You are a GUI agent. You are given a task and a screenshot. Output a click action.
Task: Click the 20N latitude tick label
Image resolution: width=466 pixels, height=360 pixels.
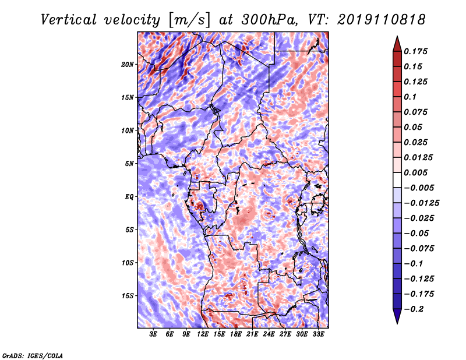point(128,65)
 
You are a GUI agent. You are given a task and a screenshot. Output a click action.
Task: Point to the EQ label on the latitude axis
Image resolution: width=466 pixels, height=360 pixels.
point(129,197)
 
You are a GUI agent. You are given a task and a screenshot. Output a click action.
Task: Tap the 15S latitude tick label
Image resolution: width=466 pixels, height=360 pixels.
point(128,296)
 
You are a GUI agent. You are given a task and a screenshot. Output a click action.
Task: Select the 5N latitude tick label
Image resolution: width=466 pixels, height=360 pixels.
point(129,164)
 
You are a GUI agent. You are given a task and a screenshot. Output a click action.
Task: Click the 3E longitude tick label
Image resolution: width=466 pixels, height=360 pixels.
point(153,334)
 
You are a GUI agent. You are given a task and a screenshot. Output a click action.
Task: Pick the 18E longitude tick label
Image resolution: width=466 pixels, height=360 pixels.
point(235,334)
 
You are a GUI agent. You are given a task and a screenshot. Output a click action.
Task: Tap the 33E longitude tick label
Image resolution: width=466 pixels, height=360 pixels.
point(318,334)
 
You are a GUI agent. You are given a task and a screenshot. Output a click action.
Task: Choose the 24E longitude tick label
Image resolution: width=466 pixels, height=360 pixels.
point(269,334)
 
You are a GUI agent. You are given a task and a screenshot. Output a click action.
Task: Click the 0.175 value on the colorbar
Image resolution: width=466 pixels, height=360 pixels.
point(415,51)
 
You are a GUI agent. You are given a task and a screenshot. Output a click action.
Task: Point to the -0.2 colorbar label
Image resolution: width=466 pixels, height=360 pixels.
point(414,309)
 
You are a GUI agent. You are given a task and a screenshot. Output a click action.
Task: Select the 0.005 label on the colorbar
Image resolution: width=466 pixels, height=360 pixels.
point(415,172)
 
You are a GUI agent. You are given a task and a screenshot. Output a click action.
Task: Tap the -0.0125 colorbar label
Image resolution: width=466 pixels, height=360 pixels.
point(421,203)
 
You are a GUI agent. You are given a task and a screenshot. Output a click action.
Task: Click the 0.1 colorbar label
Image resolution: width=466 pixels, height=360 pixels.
point(410,97)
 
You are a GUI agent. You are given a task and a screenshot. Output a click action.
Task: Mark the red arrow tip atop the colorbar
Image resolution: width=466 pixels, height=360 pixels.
point(397,36)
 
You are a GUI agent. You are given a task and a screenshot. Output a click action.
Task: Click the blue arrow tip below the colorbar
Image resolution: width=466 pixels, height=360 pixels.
point(397,323)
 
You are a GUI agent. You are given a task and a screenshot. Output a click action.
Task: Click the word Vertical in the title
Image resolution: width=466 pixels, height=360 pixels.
point(69,20)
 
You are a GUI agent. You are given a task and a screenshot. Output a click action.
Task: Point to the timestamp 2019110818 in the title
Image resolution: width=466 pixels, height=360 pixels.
point(382,20)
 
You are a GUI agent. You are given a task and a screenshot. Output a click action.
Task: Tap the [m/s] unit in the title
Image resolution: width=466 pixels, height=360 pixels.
point(189,20)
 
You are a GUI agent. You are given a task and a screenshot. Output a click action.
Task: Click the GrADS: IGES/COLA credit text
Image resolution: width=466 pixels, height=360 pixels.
point(33,355)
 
